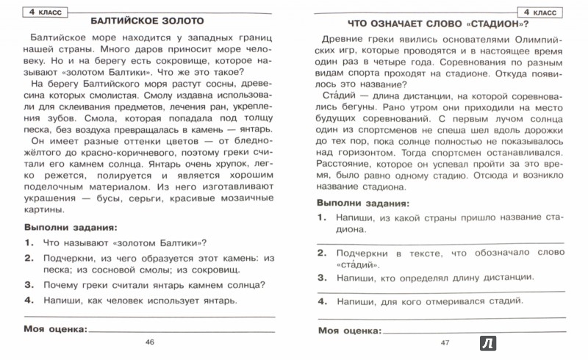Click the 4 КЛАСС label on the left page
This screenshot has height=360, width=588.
coord(35,12)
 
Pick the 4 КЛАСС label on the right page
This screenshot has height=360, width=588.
coord(545,12)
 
